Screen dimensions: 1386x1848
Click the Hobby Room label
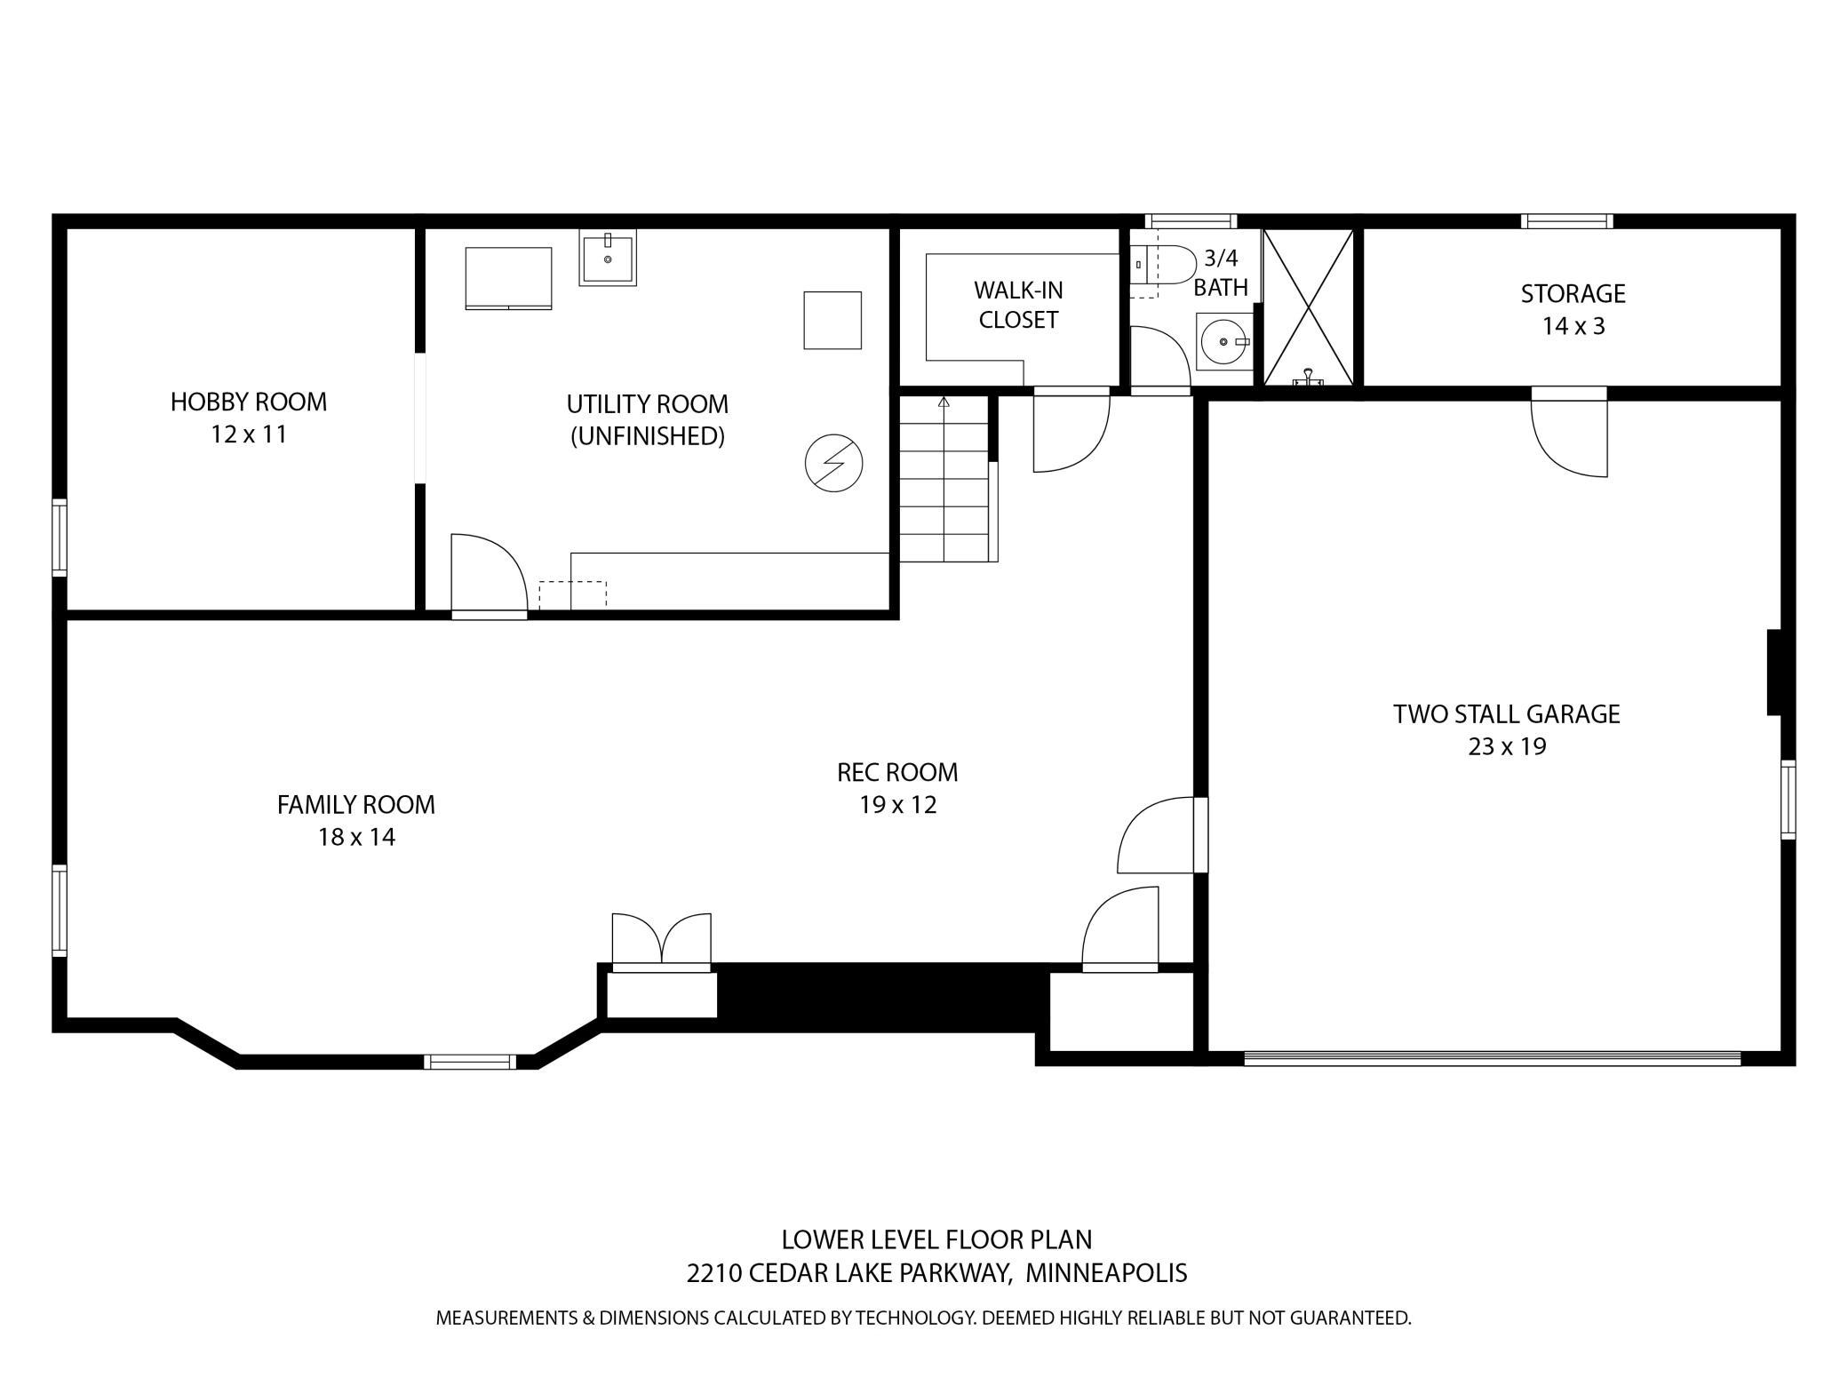249,402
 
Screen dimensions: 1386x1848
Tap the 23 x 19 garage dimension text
1507,746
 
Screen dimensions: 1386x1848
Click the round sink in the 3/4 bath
1223,341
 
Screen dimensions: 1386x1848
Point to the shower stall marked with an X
1308,307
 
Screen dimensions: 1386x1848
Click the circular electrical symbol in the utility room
833,463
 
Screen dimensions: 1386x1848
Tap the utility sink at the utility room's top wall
608,258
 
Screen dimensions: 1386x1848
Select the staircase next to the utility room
944,480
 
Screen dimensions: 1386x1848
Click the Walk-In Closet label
1018,305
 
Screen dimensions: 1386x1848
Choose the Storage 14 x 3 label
1573,309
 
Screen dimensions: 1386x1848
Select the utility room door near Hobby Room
488,573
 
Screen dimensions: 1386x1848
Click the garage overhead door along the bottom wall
1493,1057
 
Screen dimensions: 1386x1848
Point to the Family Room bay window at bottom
470,1061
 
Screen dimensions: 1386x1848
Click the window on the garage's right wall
1788,800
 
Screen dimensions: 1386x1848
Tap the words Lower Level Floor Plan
936,1239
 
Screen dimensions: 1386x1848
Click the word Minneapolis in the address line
1106,1273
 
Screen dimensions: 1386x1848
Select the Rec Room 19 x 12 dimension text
897,805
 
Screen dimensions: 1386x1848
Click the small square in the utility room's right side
832,320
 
